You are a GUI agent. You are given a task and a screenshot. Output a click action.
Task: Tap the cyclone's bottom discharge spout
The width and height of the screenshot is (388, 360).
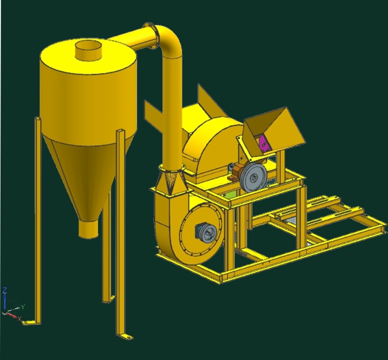click(88, 228)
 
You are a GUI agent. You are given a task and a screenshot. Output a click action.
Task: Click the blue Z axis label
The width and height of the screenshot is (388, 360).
click(5, 291)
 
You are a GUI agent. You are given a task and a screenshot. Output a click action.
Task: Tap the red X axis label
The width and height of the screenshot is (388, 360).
click(20, 319)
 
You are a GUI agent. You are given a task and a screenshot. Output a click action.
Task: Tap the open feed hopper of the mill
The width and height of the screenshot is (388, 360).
click(274, 128)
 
